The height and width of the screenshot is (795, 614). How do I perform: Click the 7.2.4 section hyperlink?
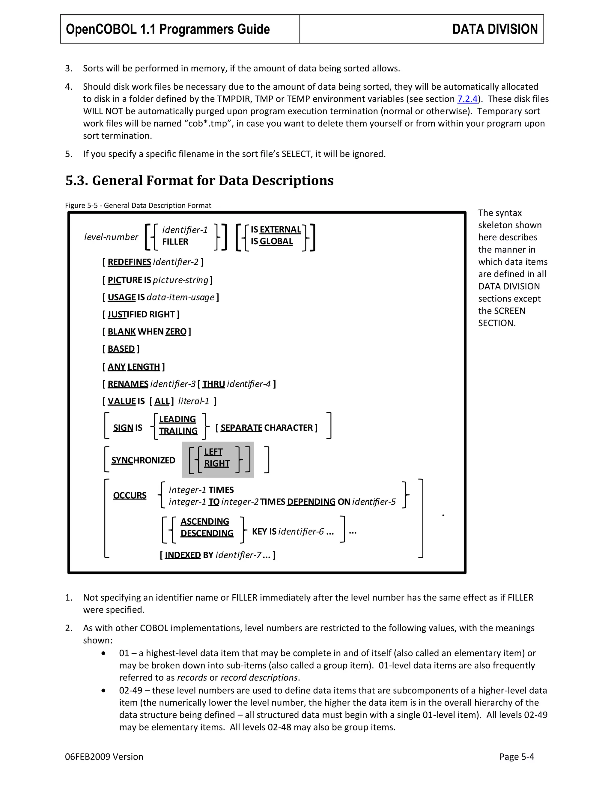tap(467, 99)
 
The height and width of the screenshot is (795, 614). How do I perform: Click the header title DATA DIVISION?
tap(495, 29)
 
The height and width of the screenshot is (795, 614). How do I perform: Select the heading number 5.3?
tap(77, 181)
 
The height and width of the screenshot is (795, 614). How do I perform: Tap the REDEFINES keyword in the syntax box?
tap(129, 262)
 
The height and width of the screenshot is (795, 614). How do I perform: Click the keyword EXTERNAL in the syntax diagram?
tap(280, 230)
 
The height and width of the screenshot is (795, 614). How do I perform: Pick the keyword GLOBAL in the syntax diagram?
tap(276, 241)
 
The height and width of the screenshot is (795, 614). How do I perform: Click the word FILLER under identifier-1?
tap(175, 242)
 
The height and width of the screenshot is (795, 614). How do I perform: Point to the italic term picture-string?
tap(181, 280)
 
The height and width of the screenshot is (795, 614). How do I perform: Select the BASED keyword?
tap(121, 349)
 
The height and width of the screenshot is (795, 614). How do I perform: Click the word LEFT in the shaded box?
tap(213, 452)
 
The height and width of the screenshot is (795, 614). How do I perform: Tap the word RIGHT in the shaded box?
tap(217, 463)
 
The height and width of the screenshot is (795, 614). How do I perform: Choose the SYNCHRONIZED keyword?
tap(143, 460)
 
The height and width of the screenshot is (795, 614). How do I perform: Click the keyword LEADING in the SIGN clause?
tap(177, 419)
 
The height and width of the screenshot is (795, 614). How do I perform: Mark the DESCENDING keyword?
tap(207, 533)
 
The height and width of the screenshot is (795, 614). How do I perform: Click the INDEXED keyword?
tap(183, 555)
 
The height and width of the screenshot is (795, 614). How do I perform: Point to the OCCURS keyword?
tap(130, 495)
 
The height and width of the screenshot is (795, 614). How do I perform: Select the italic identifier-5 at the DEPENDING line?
tap(374, 502)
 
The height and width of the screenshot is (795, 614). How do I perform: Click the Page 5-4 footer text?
tap(516, 757)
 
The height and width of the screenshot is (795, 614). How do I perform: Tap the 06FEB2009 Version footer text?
tap(104, 757)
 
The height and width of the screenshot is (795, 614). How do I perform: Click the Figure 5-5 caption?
tap(138, 205)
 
